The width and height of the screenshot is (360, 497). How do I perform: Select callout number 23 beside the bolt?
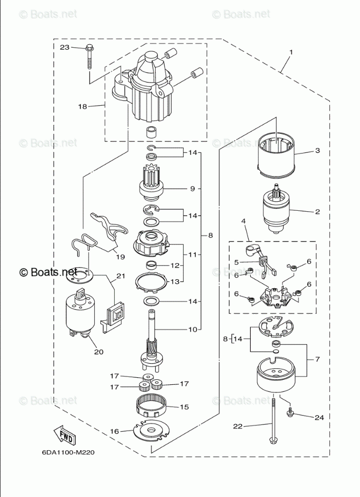point(65,48)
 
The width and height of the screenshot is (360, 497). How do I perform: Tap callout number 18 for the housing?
point(83,107)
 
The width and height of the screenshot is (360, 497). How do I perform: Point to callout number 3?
point(318,150)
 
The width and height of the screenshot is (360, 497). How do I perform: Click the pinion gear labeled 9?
point(154,184)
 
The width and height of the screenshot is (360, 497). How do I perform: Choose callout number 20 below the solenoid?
point(99,352)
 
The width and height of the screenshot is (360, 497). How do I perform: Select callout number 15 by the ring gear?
point(184,407)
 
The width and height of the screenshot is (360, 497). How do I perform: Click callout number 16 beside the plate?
point(114,431)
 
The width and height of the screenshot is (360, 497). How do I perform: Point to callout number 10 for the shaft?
point(193,329)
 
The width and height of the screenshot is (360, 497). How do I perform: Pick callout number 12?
point(175,265)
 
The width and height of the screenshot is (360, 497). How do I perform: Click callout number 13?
point(175,282)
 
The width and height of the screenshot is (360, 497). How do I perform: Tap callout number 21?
point(121,276)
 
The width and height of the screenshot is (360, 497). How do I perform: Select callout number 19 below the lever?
point(120,257)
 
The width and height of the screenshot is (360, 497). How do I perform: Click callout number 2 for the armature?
point(318,212)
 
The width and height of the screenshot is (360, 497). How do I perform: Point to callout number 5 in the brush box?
point(236,263)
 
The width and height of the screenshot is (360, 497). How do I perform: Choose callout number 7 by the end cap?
point(318,359)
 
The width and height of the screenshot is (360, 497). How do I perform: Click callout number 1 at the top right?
point(291,52)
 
